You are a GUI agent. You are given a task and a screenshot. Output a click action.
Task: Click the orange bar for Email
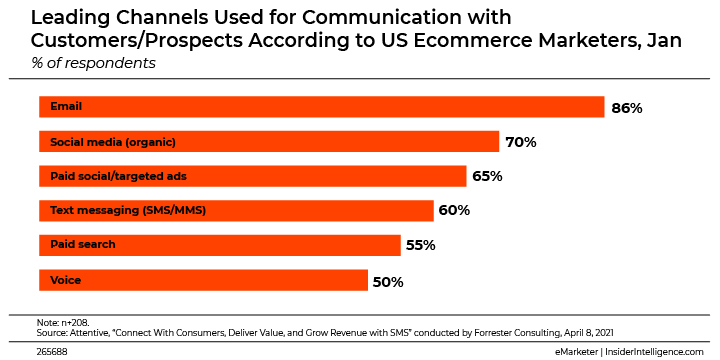tap(321, 107)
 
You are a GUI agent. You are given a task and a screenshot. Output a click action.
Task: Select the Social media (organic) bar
tap(268, 142)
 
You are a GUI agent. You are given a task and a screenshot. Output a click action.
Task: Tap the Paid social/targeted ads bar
tap(252, 176)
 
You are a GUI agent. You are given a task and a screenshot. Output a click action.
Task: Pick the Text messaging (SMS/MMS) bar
tap(236, 210)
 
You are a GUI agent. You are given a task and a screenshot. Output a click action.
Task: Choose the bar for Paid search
tap(219, 245)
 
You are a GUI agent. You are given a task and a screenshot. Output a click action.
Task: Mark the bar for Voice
tap(203, 280)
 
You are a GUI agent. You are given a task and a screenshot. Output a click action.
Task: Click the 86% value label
tap(626, 108)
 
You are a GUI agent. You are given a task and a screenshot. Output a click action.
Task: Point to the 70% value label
tap(521, 142)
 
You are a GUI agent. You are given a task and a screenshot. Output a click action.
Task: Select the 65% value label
tap(487, 177)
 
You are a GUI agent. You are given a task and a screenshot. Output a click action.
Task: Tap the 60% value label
tap(454, 211)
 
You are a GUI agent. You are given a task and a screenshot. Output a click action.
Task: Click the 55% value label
tap(421, 246)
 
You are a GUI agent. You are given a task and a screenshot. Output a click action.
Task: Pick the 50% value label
tap(388, 281)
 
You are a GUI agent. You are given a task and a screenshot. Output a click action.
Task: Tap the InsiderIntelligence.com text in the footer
tap(655, 352)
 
